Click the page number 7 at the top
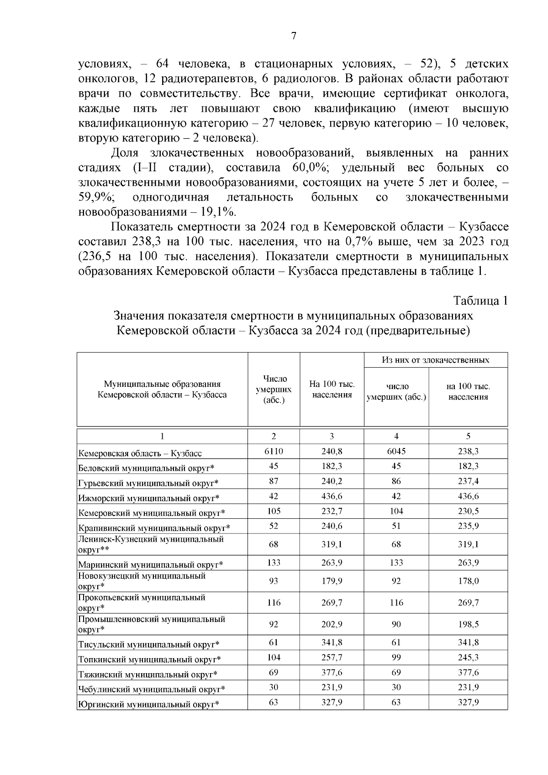(x=294, y=37)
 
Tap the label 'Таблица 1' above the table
(x=480, y=301)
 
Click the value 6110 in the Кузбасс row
(x=274, y=451)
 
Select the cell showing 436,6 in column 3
(x=332, y=496)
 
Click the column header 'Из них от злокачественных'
(x=435, y=360)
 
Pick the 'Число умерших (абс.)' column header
(x=274, y=389)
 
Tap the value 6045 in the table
(x=396, y=451)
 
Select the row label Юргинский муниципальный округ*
(x=149, y=704)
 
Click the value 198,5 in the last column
(x=468, y=624)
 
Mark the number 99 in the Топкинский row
(x=396, y=657)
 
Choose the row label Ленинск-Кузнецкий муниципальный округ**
(x=151, y=544)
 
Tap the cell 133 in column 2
(x=274, y=563)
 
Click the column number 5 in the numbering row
(x=468, y=436)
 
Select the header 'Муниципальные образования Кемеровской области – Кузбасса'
(x=162, y=389)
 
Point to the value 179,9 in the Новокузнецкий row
(x=332, y=581)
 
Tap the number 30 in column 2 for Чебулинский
(x=274, y=687)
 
